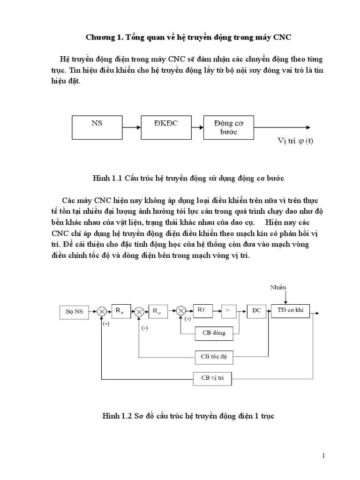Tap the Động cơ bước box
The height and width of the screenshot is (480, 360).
(227, 127)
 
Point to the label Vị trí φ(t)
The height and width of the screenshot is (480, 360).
(294, 141)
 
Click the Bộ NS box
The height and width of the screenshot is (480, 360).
(75, 311)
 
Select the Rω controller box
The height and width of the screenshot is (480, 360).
(155, 310)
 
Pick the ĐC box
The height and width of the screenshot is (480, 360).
(256, 310)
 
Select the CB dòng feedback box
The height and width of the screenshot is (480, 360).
(214, 333)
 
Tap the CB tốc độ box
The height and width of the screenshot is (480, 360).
(214, 357)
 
